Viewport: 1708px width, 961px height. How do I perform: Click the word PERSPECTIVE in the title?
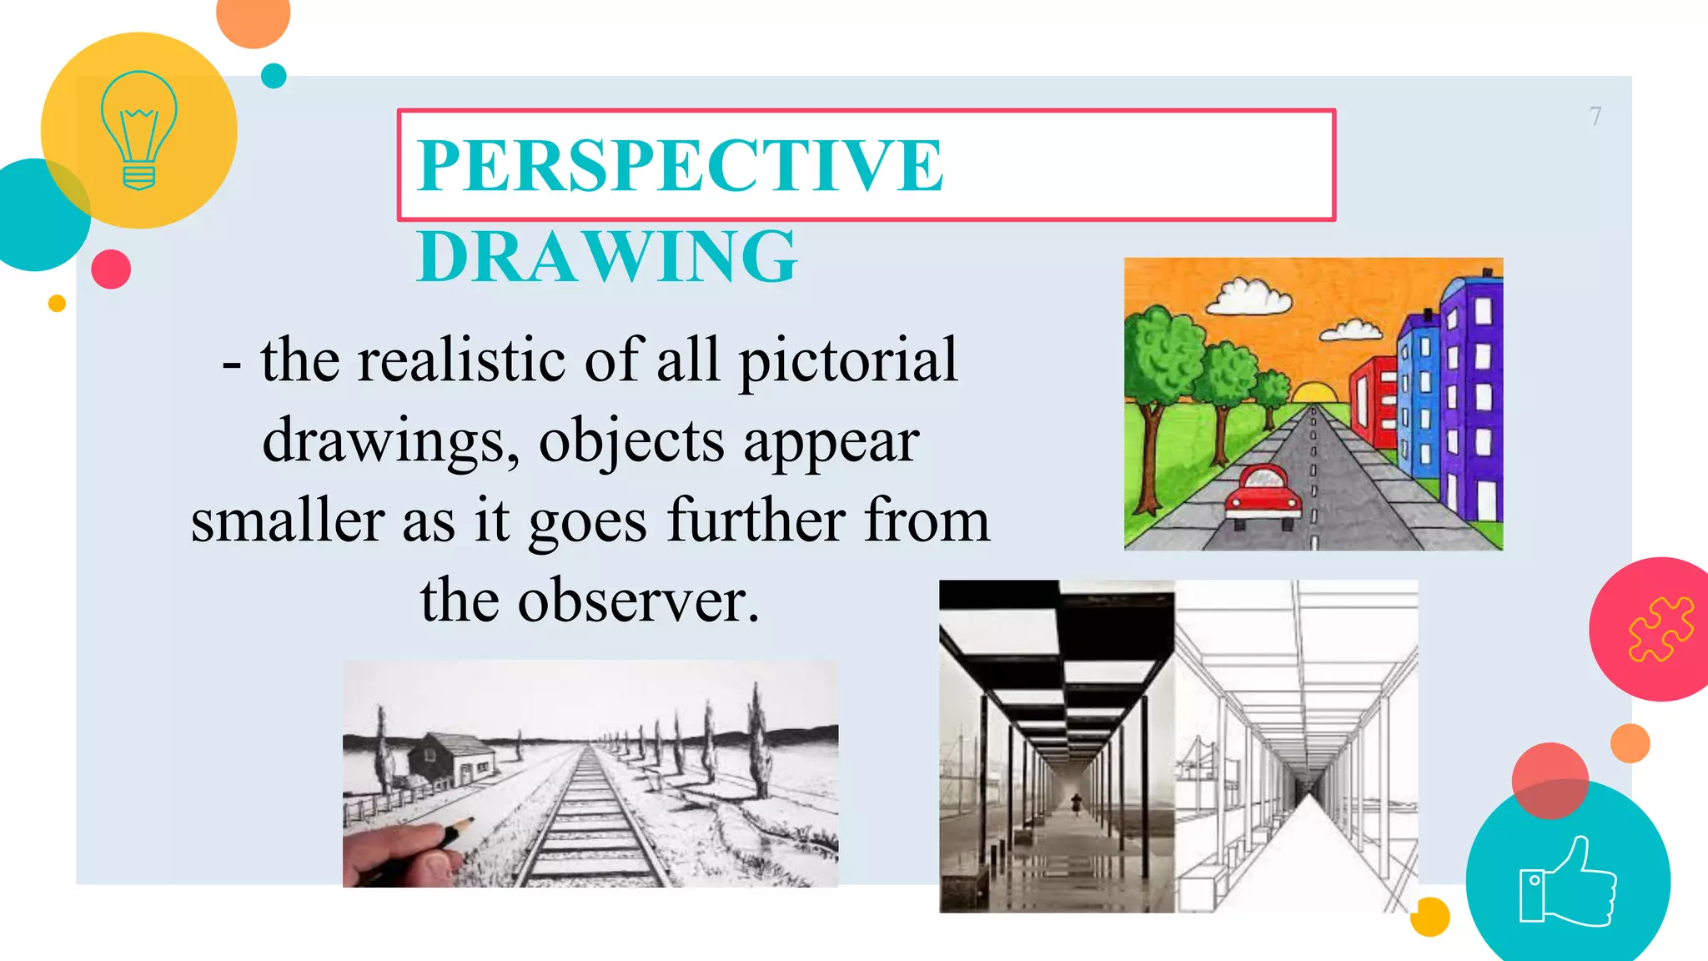point(680,165)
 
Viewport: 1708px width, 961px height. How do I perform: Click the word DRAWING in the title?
point(607,256)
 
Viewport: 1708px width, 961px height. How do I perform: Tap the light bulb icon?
point(138,130)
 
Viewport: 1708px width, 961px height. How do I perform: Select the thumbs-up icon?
point(1568,883)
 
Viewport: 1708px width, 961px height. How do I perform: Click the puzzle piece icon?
point(1660,629)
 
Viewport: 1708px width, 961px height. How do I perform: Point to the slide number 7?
point(1595,116)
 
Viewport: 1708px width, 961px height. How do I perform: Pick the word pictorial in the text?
point(848,360)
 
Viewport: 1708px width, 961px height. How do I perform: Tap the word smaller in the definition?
point(288,521)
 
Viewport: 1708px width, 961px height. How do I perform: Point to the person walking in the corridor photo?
point(1076,804)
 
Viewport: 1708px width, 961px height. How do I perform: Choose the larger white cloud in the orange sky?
point(1248,296)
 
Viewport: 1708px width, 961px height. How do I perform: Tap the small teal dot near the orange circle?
point(274,76)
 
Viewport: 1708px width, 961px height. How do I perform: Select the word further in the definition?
point(756,521)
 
